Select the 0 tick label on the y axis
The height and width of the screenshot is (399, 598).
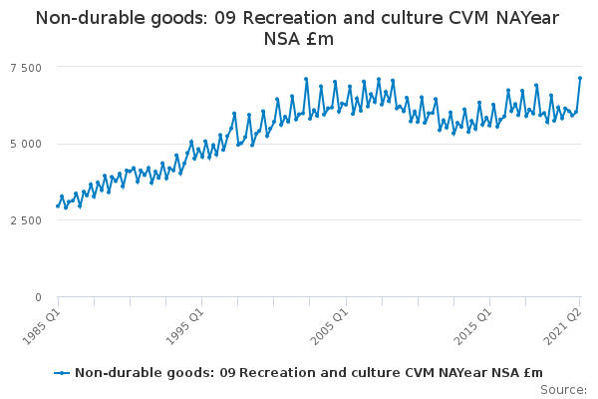[38, 297]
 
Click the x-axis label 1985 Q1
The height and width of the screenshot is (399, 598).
[41, 322]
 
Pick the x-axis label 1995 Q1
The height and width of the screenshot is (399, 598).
[185, 322]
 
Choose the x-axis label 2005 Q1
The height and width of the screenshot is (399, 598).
[330, 322]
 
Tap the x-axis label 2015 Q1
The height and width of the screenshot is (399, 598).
[473, 322]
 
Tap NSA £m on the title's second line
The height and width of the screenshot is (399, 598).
[299, 39]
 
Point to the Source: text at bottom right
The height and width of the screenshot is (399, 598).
[565, 389]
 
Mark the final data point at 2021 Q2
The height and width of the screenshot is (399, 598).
[580, 78]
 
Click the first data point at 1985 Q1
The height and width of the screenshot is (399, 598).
[58, 206]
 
